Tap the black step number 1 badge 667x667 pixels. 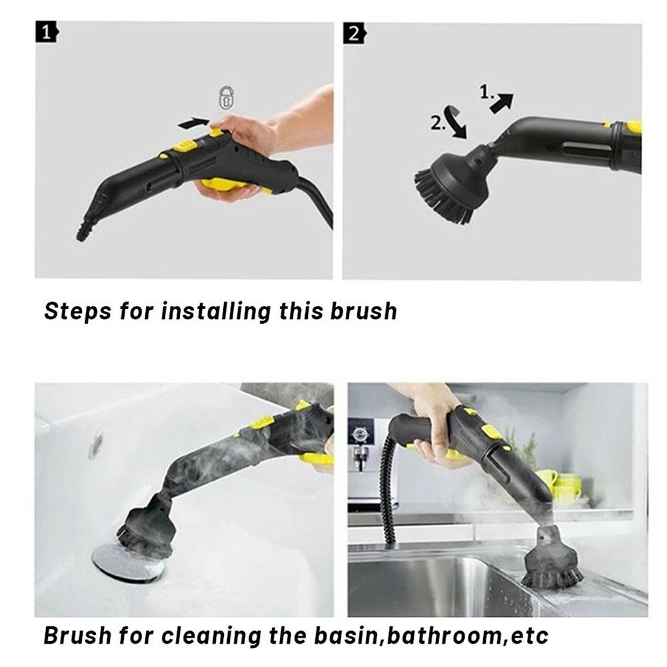[47, 33]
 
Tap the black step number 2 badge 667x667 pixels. [354, 33]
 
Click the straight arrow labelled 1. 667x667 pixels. [501, 103]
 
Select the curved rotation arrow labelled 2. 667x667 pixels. [456, 123]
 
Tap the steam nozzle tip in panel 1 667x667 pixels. [83, 233]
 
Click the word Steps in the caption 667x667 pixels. [77, 311]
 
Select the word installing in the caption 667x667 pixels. [216, 311]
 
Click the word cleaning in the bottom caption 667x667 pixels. [211, 636]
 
